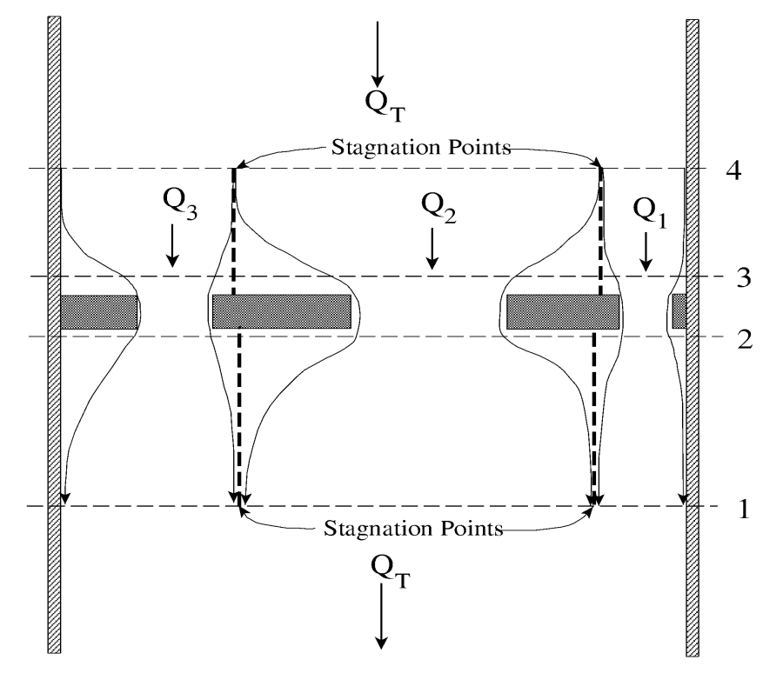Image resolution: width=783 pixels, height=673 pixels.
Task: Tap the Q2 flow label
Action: (433, 207)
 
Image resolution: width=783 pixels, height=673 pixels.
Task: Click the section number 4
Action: (733, 170)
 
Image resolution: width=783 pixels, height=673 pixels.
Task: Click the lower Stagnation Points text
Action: (413, 528)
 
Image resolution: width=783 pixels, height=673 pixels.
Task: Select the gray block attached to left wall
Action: (99, 311)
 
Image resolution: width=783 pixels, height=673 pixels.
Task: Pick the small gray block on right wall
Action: (679, 310)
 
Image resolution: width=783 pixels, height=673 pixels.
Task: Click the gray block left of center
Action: (281, 311)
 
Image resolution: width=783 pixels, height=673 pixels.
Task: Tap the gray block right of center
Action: (563, 311)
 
